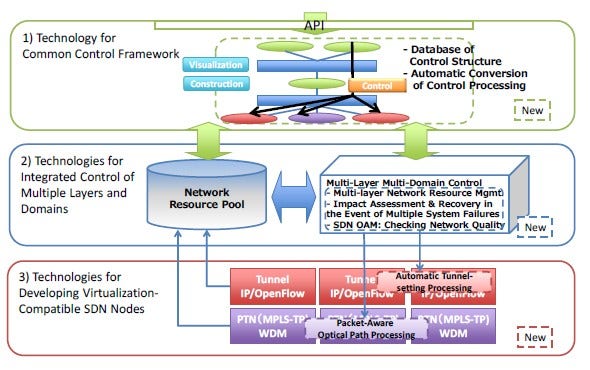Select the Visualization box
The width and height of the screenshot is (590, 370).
click(x=214, y=64)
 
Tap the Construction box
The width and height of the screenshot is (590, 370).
click(x=214, y=84)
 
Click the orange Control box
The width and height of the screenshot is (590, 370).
click(x=376, y=86)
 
